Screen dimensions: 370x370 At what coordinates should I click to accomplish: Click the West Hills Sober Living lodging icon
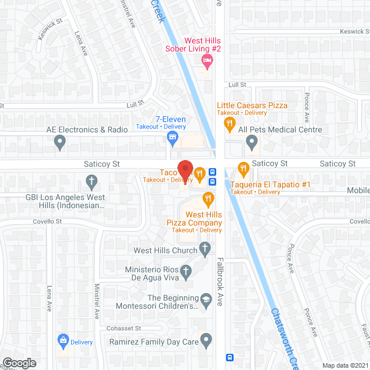(205, 60)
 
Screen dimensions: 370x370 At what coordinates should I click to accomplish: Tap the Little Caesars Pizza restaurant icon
(230, 122)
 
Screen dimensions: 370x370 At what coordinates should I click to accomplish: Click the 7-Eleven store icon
(172, 137)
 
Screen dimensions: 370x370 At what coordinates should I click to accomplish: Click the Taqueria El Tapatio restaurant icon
(242, 169)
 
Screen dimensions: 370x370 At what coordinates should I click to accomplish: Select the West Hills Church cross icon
(204, 249)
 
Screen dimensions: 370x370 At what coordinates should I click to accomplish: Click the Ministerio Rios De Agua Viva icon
(185, 270)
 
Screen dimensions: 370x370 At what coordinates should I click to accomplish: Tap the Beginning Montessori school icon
(205, 299)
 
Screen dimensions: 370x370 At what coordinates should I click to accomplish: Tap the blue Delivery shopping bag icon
(62, 341)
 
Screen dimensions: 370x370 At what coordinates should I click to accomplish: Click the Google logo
(18, 362)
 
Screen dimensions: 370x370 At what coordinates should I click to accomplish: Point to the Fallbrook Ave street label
(220, 290)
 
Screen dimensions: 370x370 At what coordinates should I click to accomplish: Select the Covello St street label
(47, 221)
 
